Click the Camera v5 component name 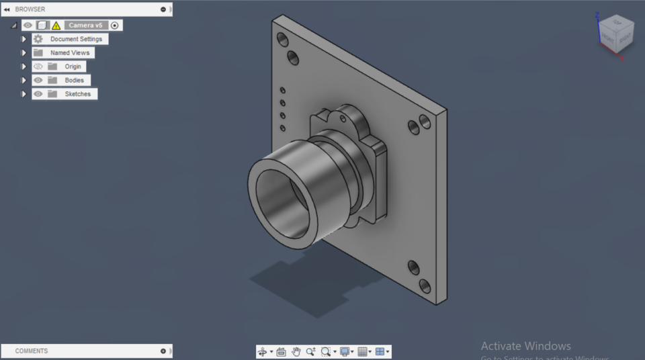(85, 26)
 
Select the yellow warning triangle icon (56, 26)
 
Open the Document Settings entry (76, 39)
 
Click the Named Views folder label (69, 52)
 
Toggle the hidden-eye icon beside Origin (38, 66)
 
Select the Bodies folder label (74, 80)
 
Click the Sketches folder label (77, 94)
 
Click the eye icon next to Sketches (38, 94)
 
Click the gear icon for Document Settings (38, 39)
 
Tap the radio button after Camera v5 (115, 26)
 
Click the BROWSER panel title (30, 9)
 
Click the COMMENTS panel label (32, 351)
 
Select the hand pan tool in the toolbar (296, 351)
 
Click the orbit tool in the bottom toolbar (262, 351)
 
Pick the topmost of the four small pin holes (283, 90)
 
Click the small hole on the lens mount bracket (342, 119)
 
